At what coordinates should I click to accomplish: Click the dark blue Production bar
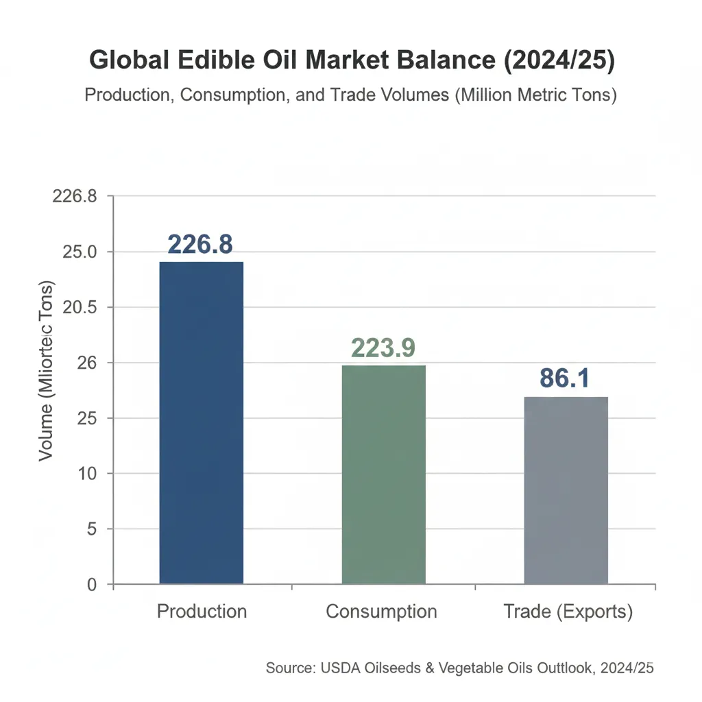[201, 422]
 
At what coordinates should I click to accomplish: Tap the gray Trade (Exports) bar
[566, 490]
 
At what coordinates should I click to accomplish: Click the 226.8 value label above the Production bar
[200, 245]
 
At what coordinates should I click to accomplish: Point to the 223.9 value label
[383, 348]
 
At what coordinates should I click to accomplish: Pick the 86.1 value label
[564, 378]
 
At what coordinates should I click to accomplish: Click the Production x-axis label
[202, 612]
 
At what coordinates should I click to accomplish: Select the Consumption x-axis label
[381, 612]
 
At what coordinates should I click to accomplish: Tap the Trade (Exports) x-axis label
[568, 612]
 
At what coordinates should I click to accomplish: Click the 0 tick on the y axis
[90, 585]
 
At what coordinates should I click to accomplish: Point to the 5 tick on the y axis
[90, 529]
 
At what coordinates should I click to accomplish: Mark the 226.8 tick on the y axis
[75, 196]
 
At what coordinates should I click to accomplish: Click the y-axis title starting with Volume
[47, 370]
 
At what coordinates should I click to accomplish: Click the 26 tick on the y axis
[86, 363]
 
